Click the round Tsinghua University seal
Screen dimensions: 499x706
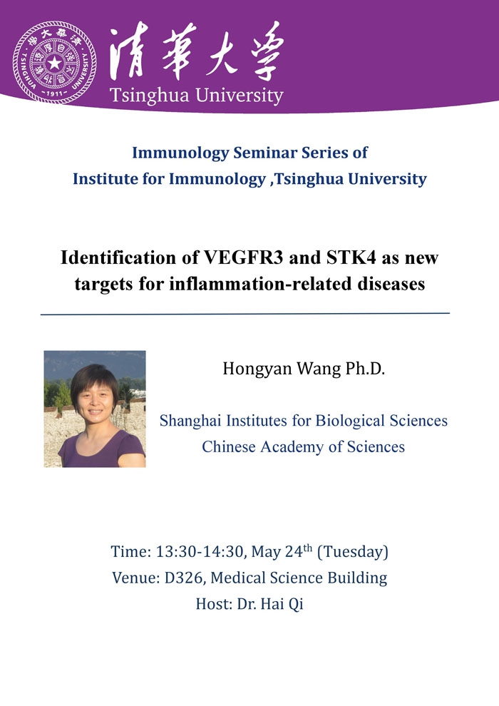point(54,62)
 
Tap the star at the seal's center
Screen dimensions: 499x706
point(54,63)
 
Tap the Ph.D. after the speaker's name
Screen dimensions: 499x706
point(366,369)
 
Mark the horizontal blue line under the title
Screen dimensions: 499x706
point(245,313)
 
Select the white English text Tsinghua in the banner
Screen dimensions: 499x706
point(150,96)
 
